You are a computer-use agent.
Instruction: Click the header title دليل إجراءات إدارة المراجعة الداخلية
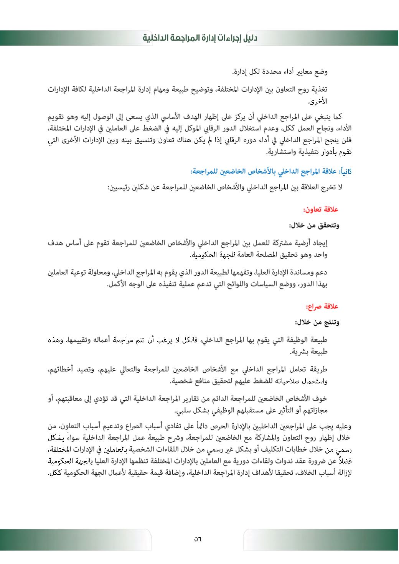tap(200, 38)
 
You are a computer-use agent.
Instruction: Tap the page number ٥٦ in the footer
tap(198, 539)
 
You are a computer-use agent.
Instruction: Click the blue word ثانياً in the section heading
tap(344, 171)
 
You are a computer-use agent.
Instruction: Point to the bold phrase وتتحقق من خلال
tap(314, 225)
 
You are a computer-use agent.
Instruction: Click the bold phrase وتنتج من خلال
tap(317, 322)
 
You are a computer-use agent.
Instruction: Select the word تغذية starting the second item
tap(318, 90)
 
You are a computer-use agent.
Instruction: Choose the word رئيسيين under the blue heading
tap(120, 188)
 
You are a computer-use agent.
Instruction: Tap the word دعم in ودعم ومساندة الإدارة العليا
tap(321, 273)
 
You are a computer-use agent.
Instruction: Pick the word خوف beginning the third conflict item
tap(320, 399)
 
